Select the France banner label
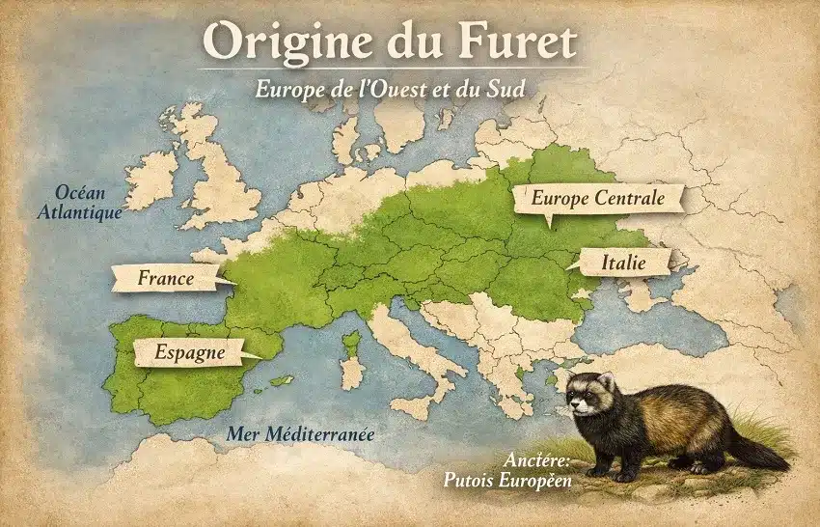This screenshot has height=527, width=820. (x=166, y=279)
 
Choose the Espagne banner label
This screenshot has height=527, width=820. (x=190, y=353)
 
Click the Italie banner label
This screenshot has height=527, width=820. (x=622, y=262)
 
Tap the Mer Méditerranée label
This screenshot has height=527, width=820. (x=300, y=433)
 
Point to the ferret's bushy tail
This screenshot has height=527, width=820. (x=757, y=452)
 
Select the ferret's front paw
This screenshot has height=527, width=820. (x=599, y=471)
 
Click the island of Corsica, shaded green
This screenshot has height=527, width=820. (x=353, y=343)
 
